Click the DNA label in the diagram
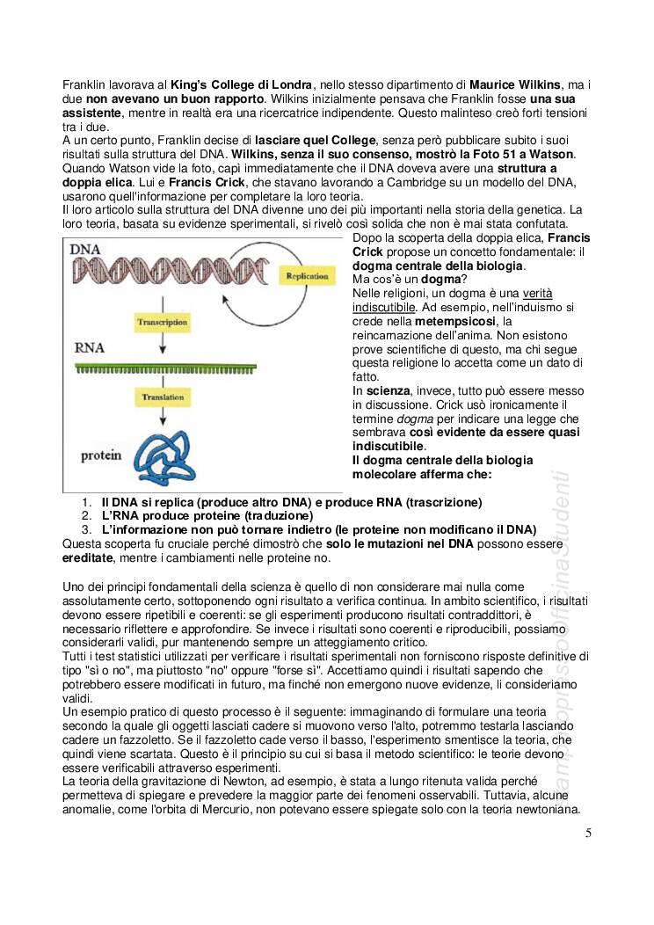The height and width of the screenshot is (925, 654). click(x=87, y=251)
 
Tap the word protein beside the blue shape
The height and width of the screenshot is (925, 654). click(x=100, y=456)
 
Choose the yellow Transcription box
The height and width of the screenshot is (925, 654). click(x=162, y=323)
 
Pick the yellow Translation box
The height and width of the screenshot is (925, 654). click(x=162, y=398)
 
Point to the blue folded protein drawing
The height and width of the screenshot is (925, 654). click(x=163, y=456)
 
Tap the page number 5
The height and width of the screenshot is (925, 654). click(x=587, y=834)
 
